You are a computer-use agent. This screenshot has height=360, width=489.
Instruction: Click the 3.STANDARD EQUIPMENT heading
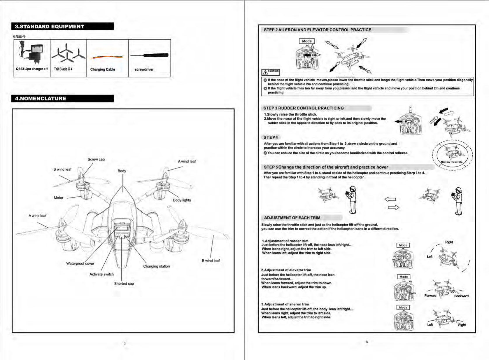point(50,27)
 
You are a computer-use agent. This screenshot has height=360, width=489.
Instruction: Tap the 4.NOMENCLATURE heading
point(41,99)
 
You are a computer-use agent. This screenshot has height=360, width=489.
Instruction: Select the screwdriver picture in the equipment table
point(149,55)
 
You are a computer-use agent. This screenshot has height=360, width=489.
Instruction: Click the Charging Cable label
point(103,69)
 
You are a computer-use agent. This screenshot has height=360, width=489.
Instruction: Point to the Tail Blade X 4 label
point(63,69)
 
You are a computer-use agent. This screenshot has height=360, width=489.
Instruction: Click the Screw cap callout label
point(96,159)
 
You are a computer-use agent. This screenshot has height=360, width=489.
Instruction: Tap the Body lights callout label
point(182,200)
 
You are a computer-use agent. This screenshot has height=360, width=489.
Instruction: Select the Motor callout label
point(58,198)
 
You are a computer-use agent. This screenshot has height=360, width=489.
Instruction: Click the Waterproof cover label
point(80,263)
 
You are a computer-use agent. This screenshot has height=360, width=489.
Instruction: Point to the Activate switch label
point(101,274)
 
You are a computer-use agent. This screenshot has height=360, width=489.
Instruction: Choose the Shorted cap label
point(124,284)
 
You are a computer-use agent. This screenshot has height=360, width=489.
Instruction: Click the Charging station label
point(156,266)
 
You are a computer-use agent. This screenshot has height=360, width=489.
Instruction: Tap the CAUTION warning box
point(271,72)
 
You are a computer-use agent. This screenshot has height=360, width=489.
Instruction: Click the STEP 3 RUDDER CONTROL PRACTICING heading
point(304,108)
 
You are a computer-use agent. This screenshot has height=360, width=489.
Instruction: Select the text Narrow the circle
point(452,162)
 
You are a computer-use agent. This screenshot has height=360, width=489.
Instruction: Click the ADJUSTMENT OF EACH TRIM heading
point(292,218)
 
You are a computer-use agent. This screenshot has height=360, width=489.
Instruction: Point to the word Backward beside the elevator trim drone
point(461,296)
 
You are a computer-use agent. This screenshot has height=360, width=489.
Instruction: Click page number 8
point(367,342)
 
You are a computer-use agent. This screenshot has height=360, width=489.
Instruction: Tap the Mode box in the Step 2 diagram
point(307,41)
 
